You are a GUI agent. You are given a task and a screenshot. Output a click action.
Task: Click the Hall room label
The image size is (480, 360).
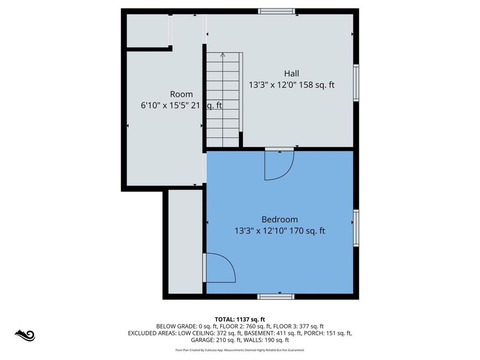(x=291, y=74)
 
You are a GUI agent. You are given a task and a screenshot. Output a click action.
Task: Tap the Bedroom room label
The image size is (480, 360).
(x=279, y=219)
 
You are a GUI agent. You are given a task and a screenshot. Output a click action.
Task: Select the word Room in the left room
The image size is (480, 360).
(x=181, y=94)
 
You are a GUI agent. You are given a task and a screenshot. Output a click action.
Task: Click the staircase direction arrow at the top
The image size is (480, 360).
(x=222, y=54)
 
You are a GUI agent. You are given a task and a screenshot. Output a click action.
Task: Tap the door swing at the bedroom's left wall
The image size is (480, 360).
(x=220, y=268)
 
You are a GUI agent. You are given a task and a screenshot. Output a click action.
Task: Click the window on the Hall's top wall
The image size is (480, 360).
(x=276, y=11)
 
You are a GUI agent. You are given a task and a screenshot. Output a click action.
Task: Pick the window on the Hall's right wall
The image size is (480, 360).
(x=356, y=83)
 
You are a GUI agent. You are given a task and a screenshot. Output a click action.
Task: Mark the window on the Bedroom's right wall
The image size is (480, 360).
(x=356, y=228)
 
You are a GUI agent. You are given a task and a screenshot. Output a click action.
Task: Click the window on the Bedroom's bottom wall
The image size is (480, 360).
(x=275, y=297)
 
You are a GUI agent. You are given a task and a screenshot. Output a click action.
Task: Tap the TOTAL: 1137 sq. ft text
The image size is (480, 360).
(x=239, y=318)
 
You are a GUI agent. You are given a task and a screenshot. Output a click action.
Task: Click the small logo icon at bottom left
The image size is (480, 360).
(x=25, y=335)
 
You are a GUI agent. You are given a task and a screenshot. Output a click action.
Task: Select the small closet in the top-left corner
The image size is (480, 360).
(x=147, y=30)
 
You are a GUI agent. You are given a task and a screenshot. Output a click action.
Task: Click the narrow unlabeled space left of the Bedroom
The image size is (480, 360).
(x=185, y=241)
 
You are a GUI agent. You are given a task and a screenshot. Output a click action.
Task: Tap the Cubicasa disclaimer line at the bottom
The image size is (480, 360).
(x=239, y=350)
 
